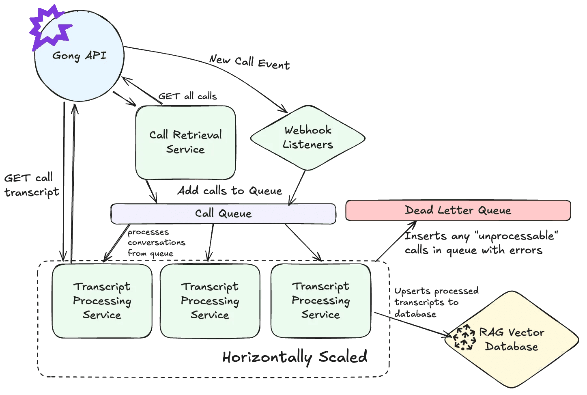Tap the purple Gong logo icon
coord(49,28)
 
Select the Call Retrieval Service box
coord(185,142)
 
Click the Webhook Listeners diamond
coord(307,138)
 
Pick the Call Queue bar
coord(223,214)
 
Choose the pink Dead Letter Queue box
coord(458,210)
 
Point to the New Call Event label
coord(249,62)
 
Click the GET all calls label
coord(187,96)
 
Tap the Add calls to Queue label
coord(230,190)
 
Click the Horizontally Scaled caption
coord(295,357)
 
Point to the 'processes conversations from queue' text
coord(156,242)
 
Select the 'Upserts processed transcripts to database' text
coord(436,302)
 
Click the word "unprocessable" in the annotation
coord(516,236)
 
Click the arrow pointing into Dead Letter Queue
coord(396,241)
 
